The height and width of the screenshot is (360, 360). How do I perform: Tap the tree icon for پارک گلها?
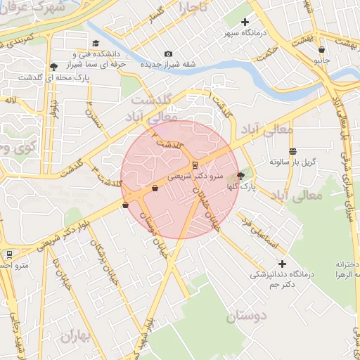241,175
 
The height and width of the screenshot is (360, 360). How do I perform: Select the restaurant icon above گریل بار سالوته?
292,152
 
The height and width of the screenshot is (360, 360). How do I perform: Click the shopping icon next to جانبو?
321,50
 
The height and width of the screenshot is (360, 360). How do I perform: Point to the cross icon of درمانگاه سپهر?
245,22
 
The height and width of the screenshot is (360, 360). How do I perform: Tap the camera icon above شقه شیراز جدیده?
168,54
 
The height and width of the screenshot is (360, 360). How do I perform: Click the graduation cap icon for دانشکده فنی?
76,53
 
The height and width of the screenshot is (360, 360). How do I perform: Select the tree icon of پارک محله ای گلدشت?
53,67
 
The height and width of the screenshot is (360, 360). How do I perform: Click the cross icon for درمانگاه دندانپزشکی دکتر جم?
283,263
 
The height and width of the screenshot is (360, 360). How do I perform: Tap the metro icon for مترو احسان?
9,255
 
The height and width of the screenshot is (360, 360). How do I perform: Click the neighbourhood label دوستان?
247,317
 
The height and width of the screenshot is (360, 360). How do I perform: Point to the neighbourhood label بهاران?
77,337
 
